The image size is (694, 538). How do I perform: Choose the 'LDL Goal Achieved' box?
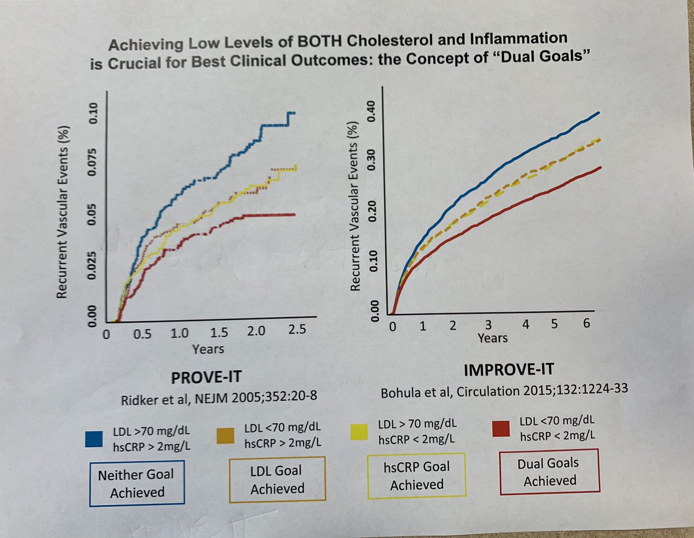(277, 480)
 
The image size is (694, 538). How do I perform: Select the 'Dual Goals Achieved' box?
(549, 471)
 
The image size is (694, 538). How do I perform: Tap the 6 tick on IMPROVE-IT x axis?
(586, 324)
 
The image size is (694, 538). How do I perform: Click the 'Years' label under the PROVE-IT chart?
(208, 349)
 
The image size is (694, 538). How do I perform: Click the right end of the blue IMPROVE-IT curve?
(599, 113)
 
